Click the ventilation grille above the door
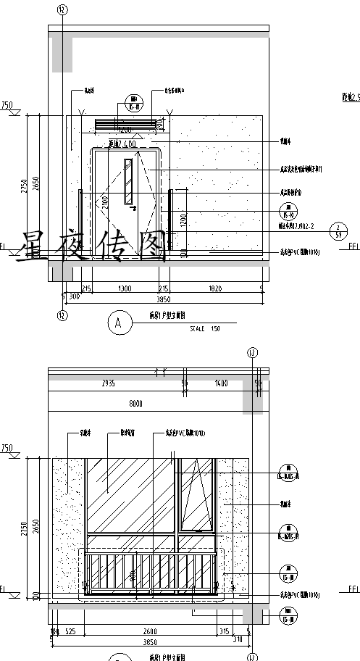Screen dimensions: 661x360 (x=125, y=125)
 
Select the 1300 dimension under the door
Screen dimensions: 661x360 (x=125, y=288)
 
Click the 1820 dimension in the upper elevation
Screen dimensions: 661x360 (x=215, y=288)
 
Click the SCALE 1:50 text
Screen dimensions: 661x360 (x=205, y=328)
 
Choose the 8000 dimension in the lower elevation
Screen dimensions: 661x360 (x=135, y=404)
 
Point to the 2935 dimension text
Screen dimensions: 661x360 (x=109, y=382)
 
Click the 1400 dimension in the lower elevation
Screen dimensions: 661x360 (x=221, y=382)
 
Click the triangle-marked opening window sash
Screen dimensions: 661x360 (x=196, y=495)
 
